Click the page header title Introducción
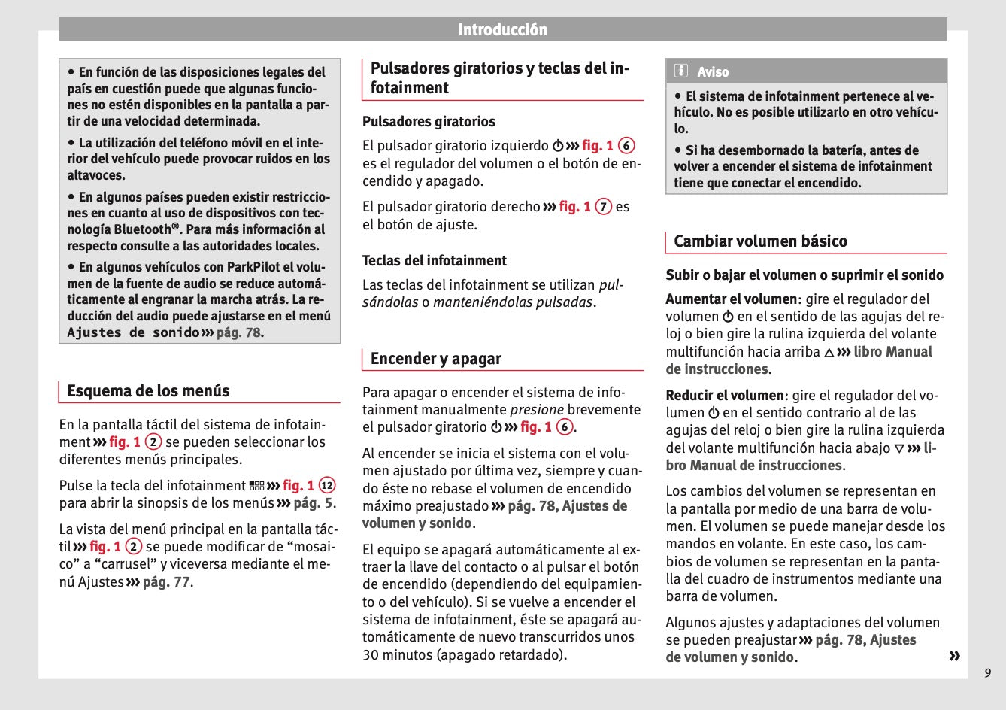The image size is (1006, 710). (x=502, y=30)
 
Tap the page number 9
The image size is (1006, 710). (x=987, y=673)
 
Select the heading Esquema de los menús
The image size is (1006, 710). (x=148, y=391)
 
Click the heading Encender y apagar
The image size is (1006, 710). (x=435, y=359)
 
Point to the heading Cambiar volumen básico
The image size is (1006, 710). (x=760, y=241)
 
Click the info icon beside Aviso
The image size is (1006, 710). (x=681, y=71)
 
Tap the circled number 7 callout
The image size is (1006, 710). (x=603, y=207)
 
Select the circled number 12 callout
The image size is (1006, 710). (x=327, y=486)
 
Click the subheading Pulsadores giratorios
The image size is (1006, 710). (x=429, y=122)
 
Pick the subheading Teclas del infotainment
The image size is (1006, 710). (x=435, y=261)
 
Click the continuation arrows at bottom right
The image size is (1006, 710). (x=954, y=656)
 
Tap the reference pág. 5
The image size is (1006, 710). (x=314, y=503)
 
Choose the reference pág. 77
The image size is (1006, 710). (x=166, y=582)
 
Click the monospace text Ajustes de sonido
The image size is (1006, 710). (x=133, y=332)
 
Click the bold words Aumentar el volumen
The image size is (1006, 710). (x=731, y=299)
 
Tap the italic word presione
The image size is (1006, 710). (x=536, y=410)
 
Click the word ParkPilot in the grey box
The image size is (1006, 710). (x=254, y=267)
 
